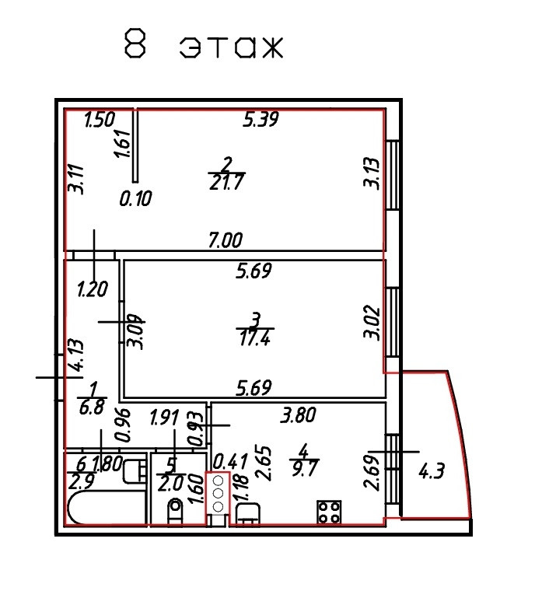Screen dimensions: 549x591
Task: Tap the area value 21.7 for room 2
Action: [226, 183]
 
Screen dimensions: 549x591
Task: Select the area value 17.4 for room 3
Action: [255, 337]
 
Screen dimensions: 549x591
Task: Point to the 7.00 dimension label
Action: [226, 240]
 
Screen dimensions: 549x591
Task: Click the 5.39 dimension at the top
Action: [261, 120]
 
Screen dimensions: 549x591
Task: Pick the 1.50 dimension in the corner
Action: [100, 121]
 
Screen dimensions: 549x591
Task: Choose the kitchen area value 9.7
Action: [304, 466]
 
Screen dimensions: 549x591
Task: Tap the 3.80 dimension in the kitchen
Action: [299, 416]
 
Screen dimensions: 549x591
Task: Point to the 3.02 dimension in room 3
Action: [372, 324]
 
